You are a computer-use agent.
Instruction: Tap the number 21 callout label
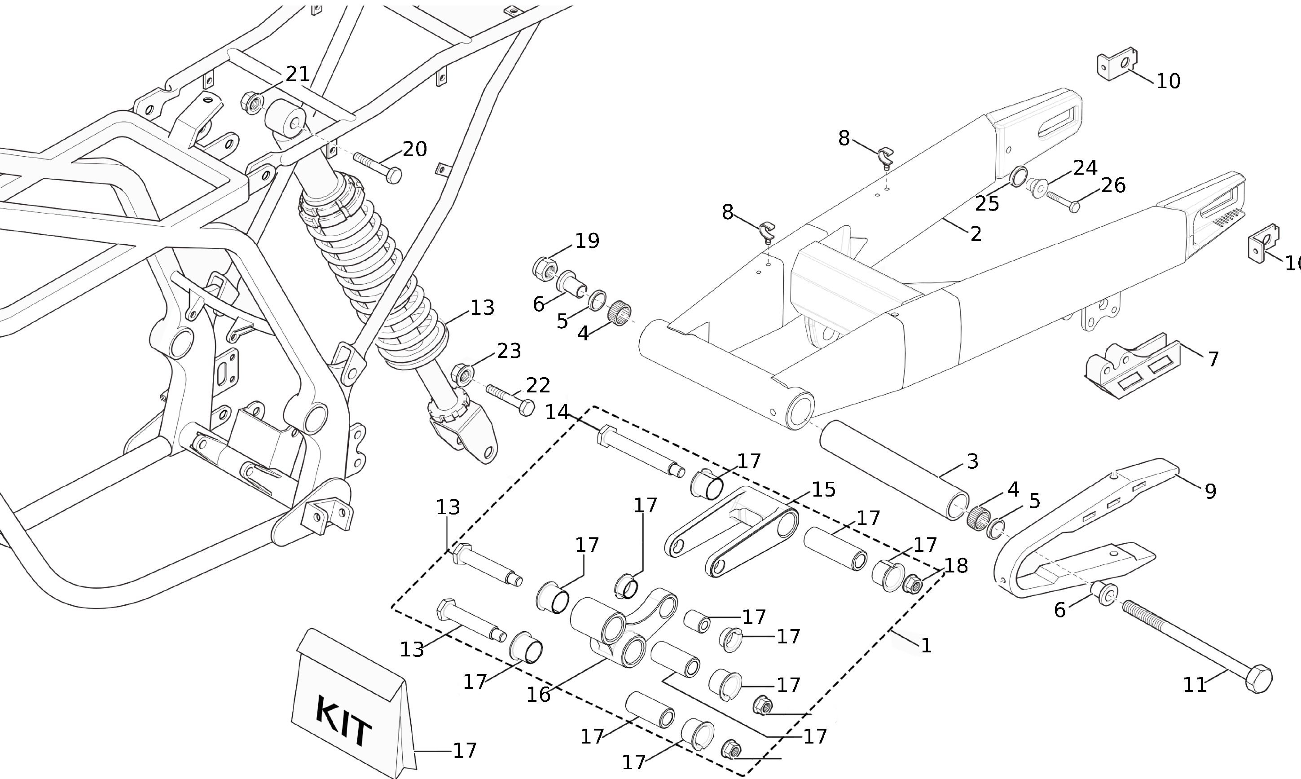[x=298, y=74]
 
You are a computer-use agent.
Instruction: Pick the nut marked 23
[x=462, y=374]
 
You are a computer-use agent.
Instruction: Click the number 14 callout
[x=557, y=412]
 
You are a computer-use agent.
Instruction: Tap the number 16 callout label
[x=538, y=695]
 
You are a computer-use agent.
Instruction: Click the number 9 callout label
[x=1210, y=491]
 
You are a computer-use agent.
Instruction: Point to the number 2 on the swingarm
[x=976, y=234]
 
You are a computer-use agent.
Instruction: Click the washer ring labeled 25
[x=1019, y=176]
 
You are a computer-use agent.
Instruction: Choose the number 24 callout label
[x=1085, y=168]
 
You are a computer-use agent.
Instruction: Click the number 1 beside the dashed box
[x=926, y=646]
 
